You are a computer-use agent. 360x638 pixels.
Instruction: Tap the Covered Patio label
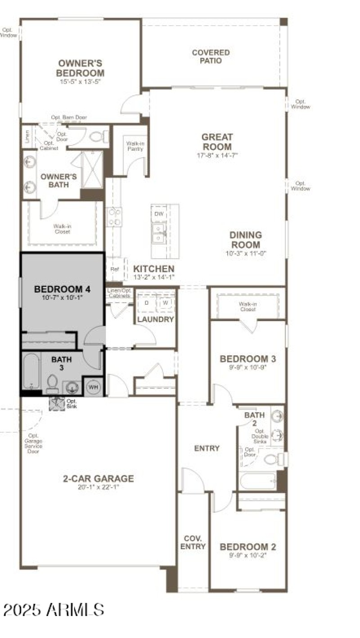coord(211,56)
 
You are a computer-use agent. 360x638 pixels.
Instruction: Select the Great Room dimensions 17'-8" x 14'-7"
coord(217,155)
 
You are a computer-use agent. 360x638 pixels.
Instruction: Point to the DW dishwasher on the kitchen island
coord(159,213)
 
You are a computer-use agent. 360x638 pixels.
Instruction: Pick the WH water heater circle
coord(93,387)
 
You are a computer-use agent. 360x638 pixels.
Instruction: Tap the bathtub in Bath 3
coord(31,371)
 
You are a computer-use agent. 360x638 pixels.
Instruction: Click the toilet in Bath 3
coord(53,384)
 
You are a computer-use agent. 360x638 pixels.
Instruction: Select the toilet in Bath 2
coord(272,459)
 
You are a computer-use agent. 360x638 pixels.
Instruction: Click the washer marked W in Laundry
coord(166,303)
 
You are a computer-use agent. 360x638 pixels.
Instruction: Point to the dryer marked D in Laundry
coord(146,303)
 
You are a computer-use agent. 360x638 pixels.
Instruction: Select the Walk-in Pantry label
coord(135,146)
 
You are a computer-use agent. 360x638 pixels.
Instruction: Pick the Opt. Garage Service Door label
coord(33,443)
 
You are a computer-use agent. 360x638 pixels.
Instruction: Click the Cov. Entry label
coord(193,543)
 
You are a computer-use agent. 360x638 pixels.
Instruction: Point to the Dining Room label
coord(245,240)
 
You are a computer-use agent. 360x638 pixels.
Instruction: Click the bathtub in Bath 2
coord(257,481)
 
